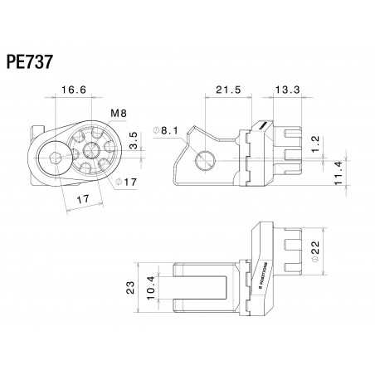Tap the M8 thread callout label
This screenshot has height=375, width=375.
[119, 114]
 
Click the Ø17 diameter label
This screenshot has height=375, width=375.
[124, 182]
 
